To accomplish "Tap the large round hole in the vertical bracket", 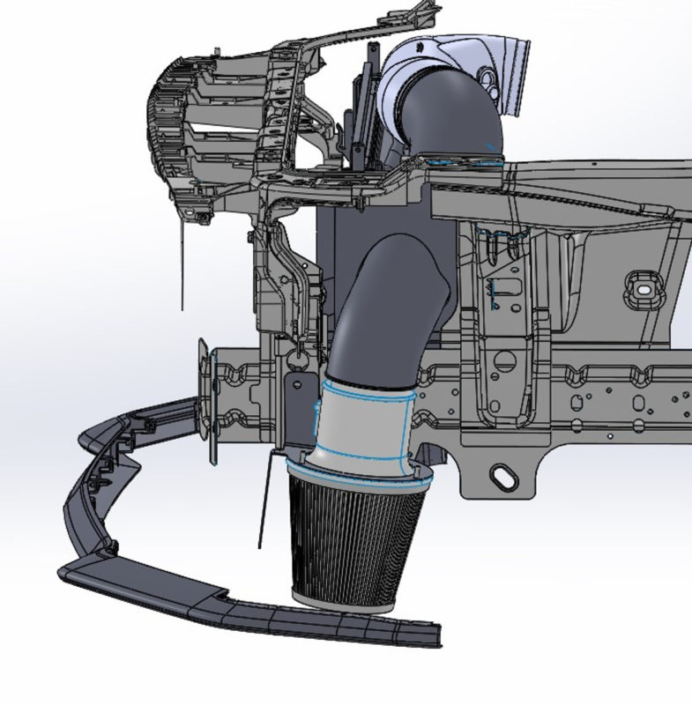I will tap(505, 359).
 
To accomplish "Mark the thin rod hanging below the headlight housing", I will tap(183, 264).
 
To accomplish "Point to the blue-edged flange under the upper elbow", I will tap(463, 160).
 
